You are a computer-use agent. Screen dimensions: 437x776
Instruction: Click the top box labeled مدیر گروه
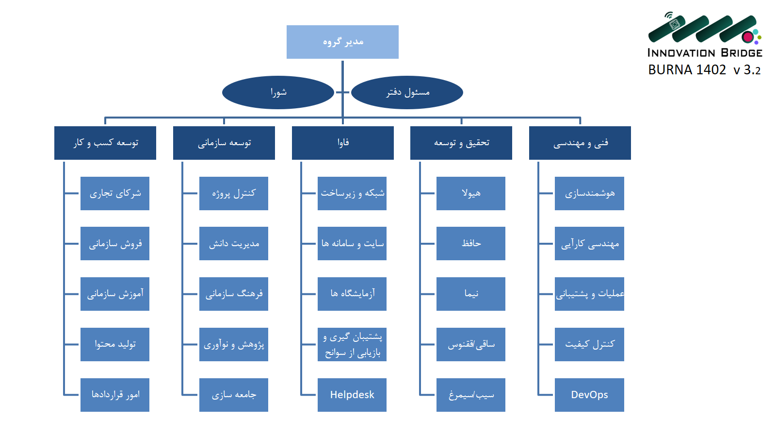342,42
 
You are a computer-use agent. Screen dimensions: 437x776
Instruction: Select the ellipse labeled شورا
278,92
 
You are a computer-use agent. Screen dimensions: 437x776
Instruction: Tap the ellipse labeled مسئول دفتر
407,92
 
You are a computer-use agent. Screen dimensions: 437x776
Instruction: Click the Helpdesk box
352,395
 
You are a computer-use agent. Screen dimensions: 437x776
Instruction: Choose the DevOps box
589,395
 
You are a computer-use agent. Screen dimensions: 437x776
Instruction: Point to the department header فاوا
343,143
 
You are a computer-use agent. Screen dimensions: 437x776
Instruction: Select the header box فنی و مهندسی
580,143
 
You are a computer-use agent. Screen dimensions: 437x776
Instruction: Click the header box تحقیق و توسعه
461,143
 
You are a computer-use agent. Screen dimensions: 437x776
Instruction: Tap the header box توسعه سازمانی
224,143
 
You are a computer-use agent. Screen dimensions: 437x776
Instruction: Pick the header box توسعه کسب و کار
105,143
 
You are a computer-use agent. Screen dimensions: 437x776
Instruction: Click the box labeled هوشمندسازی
589,193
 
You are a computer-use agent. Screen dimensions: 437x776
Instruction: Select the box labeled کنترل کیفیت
589,344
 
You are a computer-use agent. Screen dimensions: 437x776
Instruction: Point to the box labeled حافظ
471,243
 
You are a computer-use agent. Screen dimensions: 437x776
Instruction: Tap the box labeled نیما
471,294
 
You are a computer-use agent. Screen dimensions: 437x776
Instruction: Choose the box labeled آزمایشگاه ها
352,294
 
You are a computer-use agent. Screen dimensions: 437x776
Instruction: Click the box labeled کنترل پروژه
234,193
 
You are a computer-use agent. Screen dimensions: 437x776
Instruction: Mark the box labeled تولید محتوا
115,344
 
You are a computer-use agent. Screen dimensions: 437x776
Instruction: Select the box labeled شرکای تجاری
115,193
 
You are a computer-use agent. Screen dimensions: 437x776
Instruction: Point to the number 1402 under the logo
711,70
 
